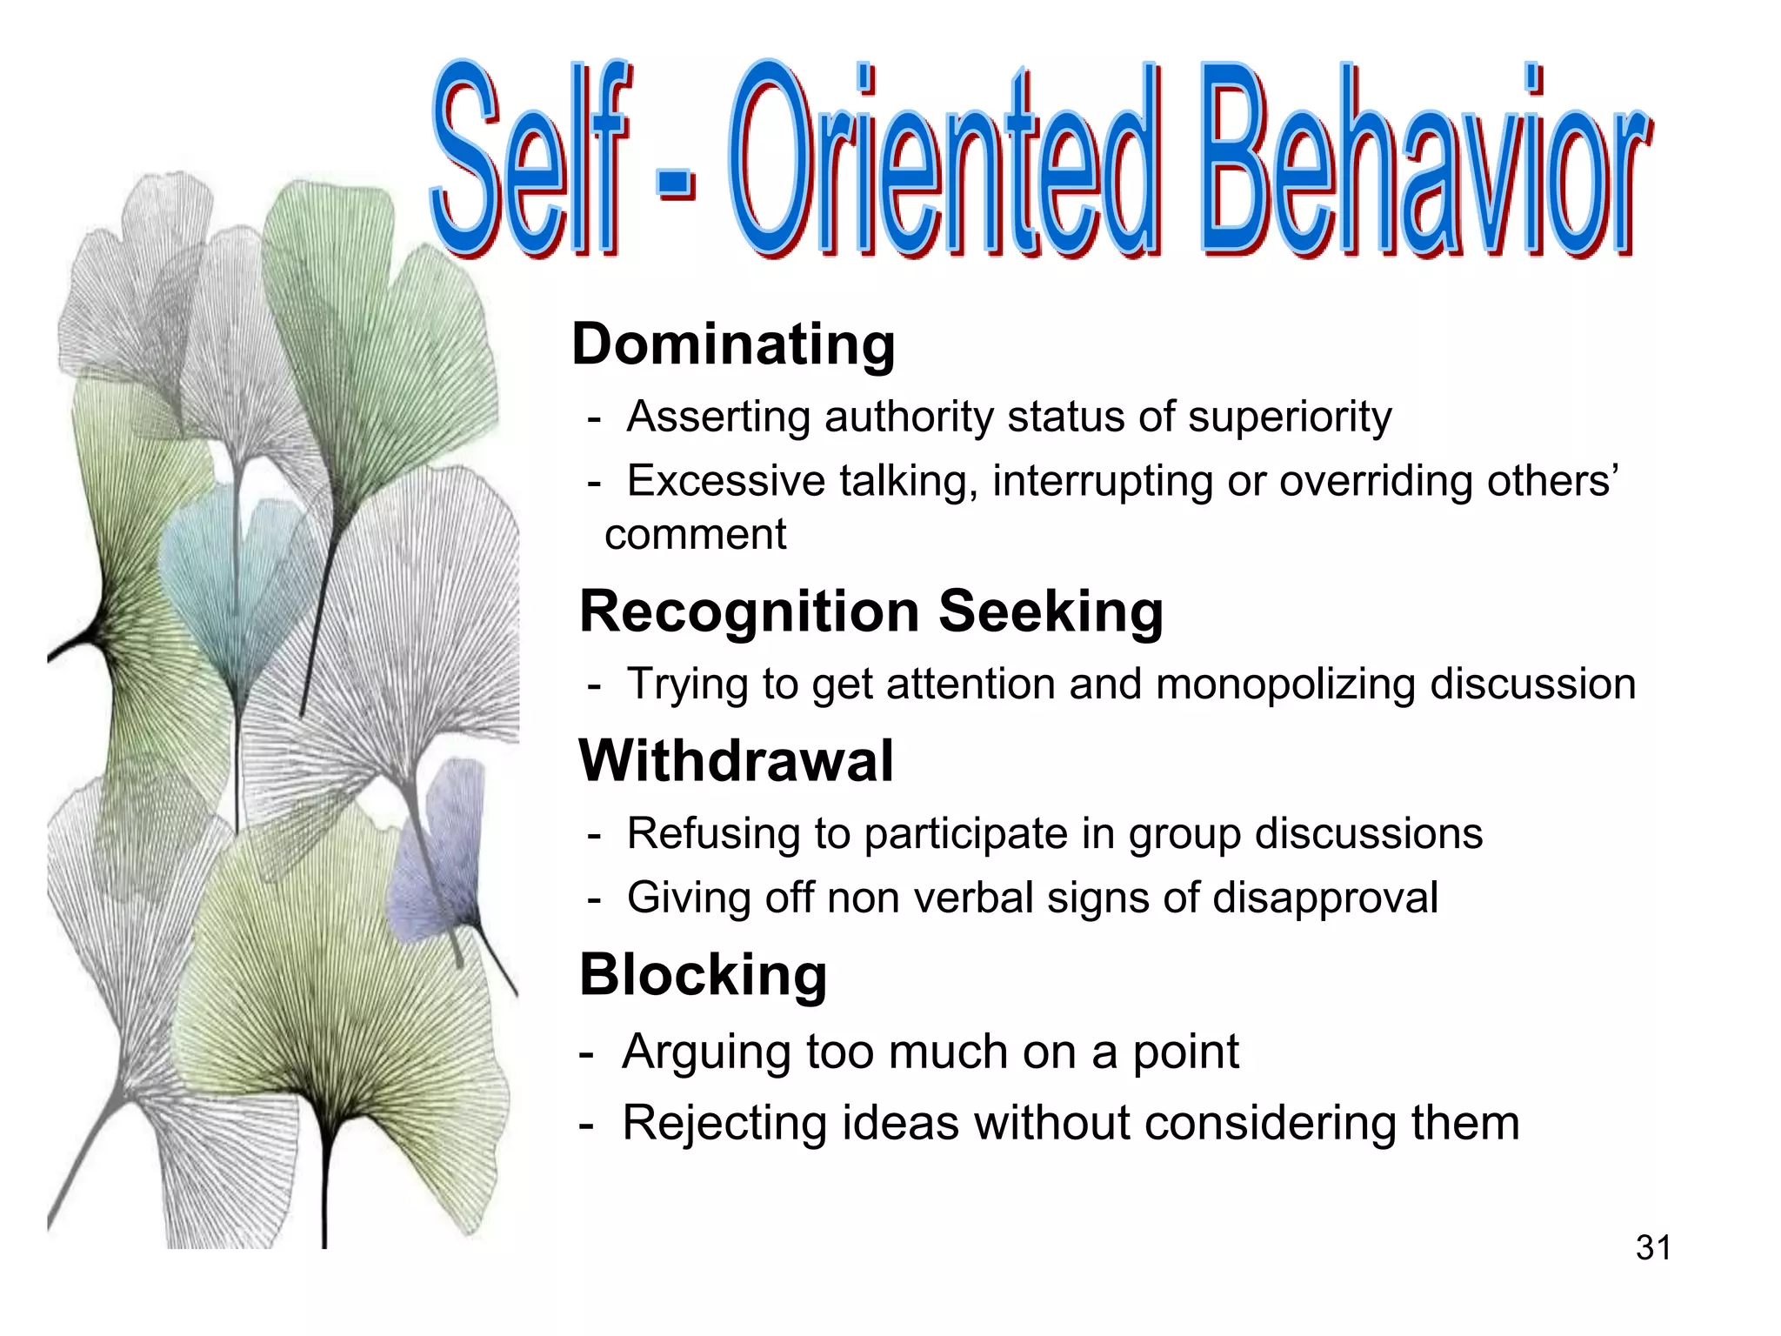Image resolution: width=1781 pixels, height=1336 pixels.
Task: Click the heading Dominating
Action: (733, 344)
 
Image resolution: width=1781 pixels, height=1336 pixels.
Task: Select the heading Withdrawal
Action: (736, 761)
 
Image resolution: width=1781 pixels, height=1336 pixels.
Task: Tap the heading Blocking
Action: (703, 974)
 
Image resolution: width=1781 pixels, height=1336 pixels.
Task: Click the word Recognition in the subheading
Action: (749, 611)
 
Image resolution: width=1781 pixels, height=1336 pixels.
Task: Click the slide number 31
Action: (1653, 1248)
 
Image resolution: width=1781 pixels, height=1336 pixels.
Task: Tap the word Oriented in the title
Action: (944, 161)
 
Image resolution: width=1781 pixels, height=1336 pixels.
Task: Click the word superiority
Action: (1290, 417)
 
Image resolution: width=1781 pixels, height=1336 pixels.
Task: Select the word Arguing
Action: (706, 1052)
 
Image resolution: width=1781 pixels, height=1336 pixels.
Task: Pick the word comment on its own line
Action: (695, 535)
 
